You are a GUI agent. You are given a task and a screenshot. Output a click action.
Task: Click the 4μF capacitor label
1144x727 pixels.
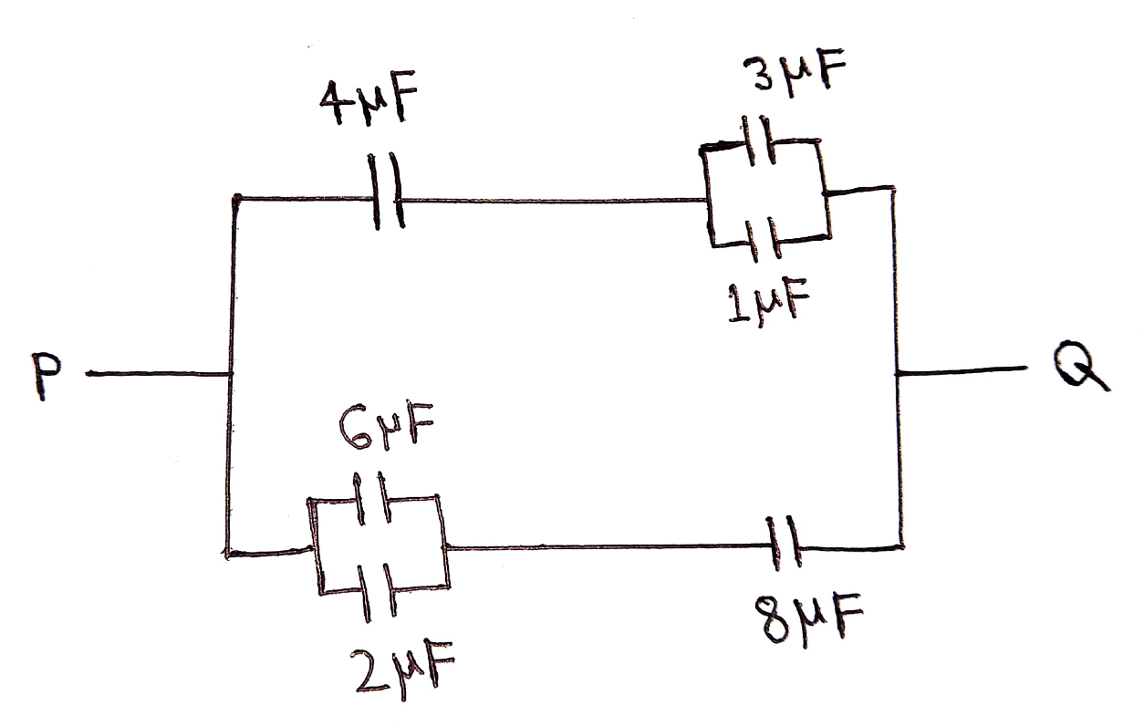coord(369,102)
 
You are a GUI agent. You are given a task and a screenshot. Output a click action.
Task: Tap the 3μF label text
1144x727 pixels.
coord(795,74)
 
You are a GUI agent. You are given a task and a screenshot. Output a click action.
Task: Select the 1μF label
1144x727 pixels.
coord(768,302)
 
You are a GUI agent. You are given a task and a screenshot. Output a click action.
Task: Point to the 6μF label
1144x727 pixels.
coord(386,427)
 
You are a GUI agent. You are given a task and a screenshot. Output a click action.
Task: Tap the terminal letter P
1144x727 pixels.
coord(46,376)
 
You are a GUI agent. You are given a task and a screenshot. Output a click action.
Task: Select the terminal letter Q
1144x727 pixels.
coord(1081,366)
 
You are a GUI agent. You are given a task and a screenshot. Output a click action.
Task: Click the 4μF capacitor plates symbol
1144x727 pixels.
coord(386,191)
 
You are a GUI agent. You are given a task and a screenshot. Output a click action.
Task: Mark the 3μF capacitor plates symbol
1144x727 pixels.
coord(759,140)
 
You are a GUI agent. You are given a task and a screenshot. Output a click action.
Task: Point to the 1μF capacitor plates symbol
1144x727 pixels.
coord(763,239)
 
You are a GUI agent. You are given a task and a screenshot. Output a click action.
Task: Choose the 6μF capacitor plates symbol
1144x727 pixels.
coord(372,498)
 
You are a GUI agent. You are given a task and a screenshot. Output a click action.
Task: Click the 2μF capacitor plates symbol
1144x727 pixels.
coord(377,592)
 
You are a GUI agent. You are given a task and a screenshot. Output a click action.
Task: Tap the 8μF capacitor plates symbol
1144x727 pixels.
coord(784,544)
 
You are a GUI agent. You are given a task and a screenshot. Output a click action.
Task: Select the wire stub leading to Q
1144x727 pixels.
coord(962,370)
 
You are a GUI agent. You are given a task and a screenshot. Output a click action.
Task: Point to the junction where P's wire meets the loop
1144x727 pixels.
coord(231,374)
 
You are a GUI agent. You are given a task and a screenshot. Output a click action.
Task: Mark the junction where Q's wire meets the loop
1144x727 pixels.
coord(898,373)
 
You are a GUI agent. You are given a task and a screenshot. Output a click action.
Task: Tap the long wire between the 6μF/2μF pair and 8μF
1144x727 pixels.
coord(607,547)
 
